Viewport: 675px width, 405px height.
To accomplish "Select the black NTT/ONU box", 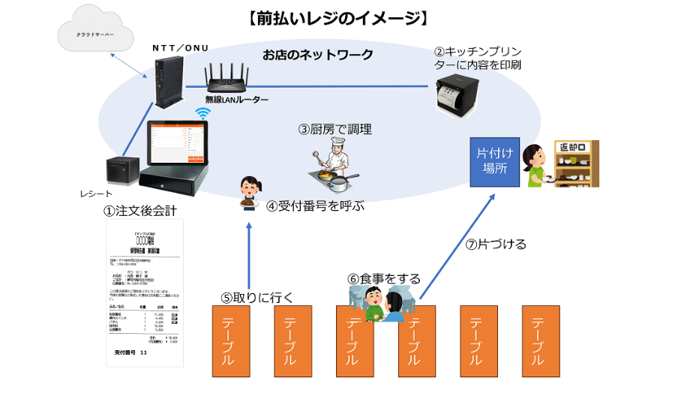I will [165, 83].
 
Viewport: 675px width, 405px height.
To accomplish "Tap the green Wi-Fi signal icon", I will [202, 113].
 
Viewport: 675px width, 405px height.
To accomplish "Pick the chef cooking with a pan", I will [330, 166].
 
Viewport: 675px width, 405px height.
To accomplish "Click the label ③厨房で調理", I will [334, 129].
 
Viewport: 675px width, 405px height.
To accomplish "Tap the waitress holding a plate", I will [249, 193].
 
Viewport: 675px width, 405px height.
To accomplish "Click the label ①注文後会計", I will [145, 211].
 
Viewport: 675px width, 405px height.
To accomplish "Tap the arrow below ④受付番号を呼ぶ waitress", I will [248, 254].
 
